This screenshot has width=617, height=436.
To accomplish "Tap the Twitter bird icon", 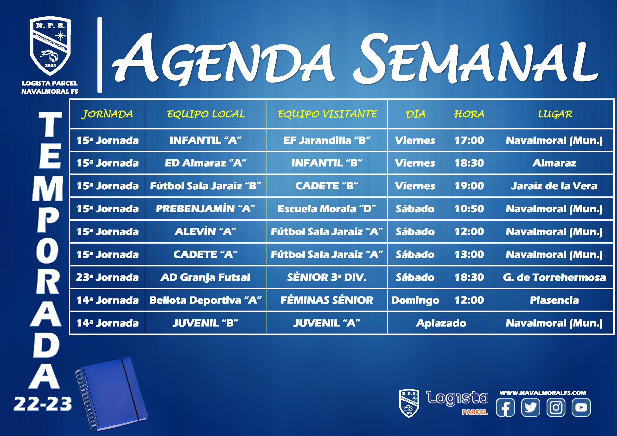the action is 530,407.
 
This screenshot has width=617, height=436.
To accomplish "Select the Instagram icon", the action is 556,407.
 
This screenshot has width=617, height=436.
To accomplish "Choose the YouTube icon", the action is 581,407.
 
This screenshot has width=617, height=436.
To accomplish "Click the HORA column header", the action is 469,114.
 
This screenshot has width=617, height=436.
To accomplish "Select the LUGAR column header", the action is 555,114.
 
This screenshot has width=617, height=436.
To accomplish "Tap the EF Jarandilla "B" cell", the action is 327,140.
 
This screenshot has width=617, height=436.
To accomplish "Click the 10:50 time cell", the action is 469,209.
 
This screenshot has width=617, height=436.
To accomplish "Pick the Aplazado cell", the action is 441,323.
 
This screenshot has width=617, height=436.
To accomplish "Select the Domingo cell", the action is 415,300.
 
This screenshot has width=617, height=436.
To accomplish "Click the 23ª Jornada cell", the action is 107,277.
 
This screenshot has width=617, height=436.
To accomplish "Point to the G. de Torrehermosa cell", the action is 554,277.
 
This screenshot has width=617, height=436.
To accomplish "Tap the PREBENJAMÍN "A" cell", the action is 206,209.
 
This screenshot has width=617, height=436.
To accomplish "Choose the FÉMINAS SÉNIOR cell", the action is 327,300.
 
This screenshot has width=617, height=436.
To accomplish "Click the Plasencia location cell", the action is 554,300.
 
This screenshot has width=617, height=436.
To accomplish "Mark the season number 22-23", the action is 43,404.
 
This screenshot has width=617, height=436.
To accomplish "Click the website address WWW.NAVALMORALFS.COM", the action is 543,393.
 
